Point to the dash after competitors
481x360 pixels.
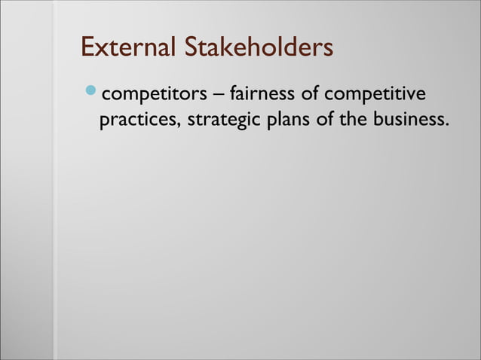click(x=217, y=96)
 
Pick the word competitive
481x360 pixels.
click(x=375, y=96)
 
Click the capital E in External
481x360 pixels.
click(x=87, y=47)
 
